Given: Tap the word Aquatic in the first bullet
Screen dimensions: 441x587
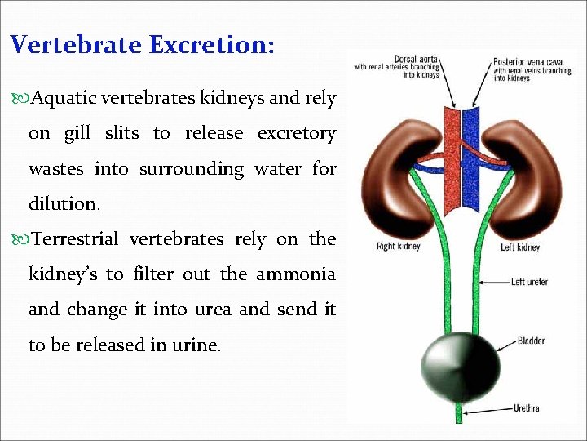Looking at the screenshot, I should coord(63,98).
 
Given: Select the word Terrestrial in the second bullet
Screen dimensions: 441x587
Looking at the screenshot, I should coord(77,239).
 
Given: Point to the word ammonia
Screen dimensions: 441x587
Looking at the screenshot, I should coord(296,274).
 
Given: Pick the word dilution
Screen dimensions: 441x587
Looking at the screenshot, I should coord(64,204).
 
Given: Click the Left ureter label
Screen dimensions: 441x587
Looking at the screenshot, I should coord(529,282).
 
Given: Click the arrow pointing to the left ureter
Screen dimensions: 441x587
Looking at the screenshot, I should coord(492,282).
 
